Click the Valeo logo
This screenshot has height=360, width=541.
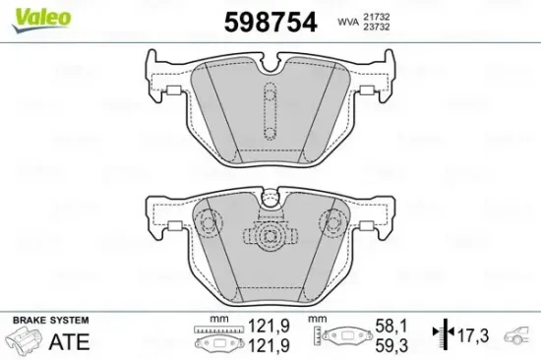coord(27,14)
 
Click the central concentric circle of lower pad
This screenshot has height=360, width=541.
coord(270,235)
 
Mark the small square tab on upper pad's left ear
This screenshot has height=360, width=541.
coord(171,94)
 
